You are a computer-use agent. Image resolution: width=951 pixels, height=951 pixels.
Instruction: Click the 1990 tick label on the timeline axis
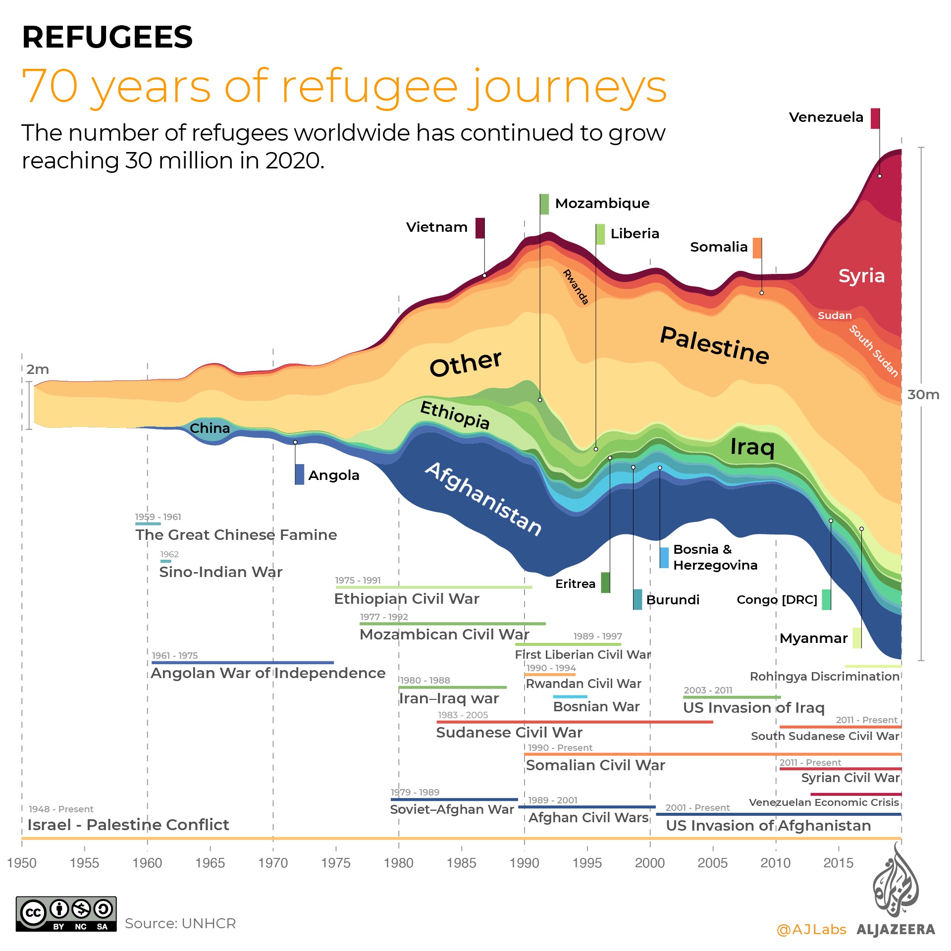point(524,863)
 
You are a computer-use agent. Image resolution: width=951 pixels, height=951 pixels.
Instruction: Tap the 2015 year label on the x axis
point(838,863)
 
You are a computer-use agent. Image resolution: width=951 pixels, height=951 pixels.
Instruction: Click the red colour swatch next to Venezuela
point(875,118)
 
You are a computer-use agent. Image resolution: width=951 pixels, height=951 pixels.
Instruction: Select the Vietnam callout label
point(436,227)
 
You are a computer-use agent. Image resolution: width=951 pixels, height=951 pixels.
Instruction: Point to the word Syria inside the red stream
point(861,276)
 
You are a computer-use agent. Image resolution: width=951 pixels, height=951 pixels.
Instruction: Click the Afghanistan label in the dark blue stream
point(483,499)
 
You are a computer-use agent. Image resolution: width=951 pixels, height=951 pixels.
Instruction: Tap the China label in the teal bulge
point(210,428)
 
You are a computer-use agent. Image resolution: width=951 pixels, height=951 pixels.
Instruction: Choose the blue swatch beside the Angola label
point(299,475)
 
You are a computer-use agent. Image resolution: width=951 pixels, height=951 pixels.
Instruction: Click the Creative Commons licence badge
point(66,914)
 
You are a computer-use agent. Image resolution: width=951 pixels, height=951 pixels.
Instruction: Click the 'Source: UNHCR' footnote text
point(180,924)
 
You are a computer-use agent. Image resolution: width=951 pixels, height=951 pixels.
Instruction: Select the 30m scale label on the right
point(923,395)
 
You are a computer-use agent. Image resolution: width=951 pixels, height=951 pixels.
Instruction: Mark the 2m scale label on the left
point(38,370)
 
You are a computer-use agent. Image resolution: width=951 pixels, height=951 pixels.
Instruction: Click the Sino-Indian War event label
point(220,572)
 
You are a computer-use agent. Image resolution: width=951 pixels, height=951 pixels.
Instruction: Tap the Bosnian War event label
point(596,707)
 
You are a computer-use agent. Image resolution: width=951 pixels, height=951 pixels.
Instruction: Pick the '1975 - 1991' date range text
point(358,581)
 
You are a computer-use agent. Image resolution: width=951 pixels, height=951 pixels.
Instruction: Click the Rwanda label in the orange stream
point(576,287)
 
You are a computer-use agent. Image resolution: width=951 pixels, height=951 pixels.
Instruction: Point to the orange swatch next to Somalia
point(757,248)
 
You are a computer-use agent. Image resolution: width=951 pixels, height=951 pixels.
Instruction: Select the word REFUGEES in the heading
point(107,37)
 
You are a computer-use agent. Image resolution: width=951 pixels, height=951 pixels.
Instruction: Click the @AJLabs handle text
point(811,930)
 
